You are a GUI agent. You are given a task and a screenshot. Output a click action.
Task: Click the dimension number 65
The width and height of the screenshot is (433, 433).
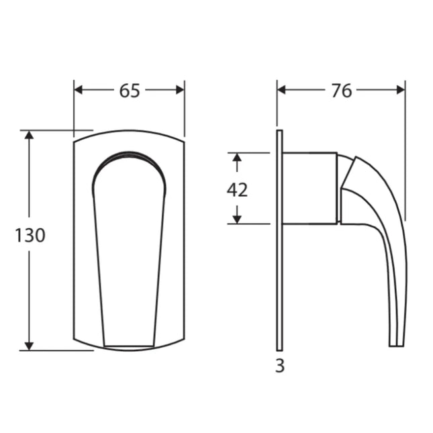130,91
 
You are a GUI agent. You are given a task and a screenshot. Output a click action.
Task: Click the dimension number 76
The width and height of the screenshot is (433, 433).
341,91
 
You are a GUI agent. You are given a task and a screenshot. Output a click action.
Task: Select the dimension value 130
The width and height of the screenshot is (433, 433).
30,236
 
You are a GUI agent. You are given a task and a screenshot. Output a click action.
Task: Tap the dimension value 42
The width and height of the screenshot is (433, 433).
237,190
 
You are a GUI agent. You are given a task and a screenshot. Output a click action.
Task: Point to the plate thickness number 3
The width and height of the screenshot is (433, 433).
280,367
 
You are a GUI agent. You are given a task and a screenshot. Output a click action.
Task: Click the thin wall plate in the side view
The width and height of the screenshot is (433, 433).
279,269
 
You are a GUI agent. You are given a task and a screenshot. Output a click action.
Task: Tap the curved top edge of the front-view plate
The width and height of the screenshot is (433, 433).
129,131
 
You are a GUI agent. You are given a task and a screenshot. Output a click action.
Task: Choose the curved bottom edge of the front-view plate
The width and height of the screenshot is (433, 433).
129,350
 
